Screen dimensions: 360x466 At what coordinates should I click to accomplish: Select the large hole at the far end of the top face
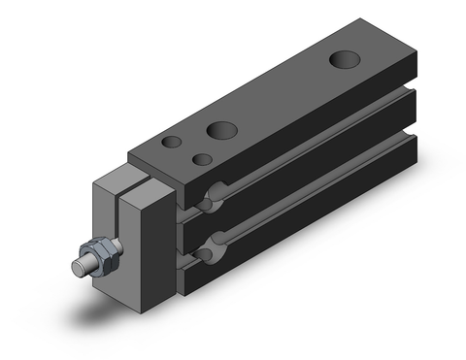(x=343, y=60)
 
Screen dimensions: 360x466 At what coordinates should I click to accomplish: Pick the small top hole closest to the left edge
(x=172, y=143)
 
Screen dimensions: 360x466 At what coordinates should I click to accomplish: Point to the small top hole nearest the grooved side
(x=203, y=159)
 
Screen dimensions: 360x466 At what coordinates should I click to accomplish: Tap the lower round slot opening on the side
(x=206, y=254)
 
